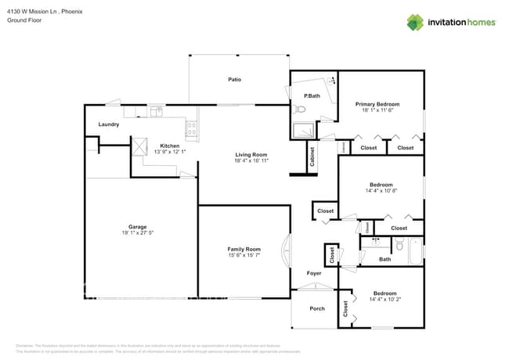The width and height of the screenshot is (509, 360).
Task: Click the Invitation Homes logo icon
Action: [415, 22]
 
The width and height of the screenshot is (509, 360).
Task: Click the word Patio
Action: [234, 80]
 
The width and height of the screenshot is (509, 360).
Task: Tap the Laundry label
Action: [108, 124]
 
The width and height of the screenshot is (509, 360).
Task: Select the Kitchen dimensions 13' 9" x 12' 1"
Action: [170, 152]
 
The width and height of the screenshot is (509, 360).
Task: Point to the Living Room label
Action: [251, 154]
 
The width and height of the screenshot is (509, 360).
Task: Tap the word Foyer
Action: [313, 273]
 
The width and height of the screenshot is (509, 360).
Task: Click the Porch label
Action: [317, 308]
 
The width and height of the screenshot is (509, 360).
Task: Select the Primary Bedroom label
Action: [377, 104]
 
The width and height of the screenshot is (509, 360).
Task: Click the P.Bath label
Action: [312, 96]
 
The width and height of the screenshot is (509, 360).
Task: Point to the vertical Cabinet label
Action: [312, 157]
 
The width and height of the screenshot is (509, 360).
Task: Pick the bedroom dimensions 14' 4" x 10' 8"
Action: [381, 191]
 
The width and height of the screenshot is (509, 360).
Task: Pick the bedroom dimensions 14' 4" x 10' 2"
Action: [384, 299]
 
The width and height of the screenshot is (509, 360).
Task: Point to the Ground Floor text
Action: [25, 21]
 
